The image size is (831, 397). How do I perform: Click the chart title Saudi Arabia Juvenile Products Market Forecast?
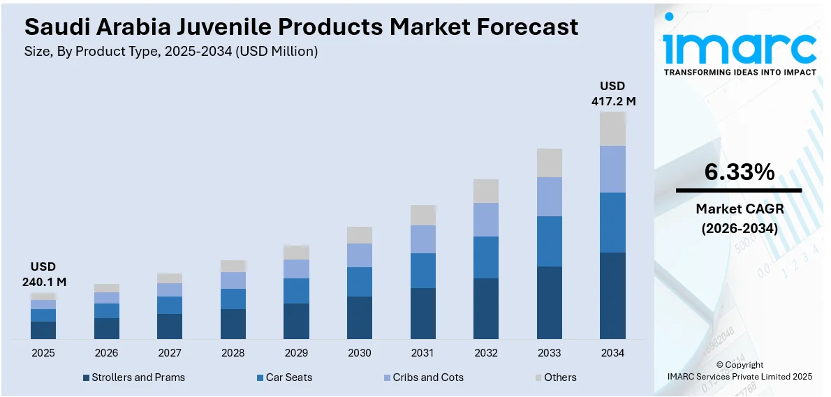point(301,27)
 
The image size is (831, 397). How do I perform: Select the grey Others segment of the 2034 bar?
point(612,128)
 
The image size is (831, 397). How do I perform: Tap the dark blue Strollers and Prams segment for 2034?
point(612,295)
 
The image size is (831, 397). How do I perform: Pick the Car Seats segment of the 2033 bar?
point(549,241)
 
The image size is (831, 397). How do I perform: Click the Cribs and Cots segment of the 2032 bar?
point(486,219)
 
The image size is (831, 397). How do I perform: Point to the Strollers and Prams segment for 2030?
point(360,317)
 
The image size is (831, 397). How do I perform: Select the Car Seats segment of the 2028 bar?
point(233,299)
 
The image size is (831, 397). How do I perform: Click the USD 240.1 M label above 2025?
point(43,274)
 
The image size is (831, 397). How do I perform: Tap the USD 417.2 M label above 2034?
point(612,93)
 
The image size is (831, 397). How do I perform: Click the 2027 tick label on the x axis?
point(170,353)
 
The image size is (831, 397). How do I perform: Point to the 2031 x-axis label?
point(422,353)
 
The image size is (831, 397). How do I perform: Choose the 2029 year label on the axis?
point(296,353)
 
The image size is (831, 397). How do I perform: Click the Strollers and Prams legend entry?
point(134,377)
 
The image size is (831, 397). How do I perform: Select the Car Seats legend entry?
point(284,377)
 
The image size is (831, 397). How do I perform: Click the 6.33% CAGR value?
point(739,172)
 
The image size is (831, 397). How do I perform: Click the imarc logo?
point(739,47)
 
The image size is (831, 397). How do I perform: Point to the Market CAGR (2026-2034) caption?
point(739,218)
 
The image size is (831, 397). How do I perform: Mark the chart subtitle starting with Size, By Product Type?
point(171,51)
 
